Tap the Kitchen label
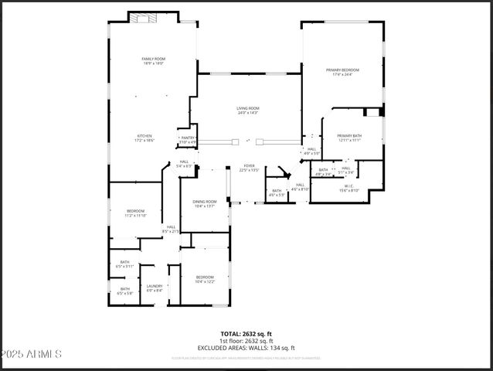pyautogui.click(x=145, y=138)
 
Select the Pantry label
pyautogui.click(x=188, y=140)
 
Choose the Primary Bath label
pyautogui.click(x=349, y=138)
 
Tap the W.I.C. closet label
pyautogui.click(x=348, y=188)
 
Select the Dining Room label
pyautogui.click(x=205, y=203)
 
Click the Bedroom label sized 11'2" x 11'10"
pyautogui.click(x=135, y=213)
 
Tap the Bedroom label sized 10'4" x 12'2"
pyautogui.click(x=205, y=279)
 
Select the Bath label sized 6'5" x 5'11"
pyautogui.click(x=124, y=264)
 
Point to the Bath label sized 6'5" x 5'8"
pyautogui.click(x=124, y=291)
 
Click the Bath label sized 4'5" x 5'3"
pyautogui.click(x=277, y=192)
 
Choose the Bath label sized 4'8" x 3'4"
pyautogui.click(x=323, y=172)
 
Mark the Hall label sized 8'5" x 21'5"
pyautogui.click(x=170, y=229)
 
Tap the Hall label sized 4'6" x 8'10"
pyautogui.click(x=300, y=187)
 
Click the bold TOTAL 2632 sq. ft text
pyautogui.click(x=246, y=334)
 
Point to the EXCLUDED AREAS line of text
pyautogui.click(x=246, y=348)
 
